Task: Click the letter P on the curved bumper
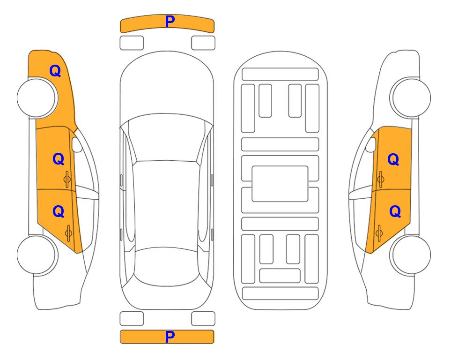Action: click(x=170, y=22)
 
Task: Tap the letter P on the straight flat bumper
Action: click(x=170, y=337)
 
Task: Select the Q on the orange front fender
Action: click(x=55, y=71)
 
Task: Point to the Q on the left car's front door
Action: click(x=59, y=159)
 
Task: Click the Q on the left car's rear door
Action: click(x=59, y=212)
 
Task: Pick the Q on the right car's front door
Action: click(x=393, y=159)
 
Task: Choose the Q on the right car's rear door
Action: click(x=395, y=212)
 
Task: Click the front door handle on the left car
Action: click(x=67, y=179)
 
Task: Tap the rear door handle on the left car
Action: click(x=68, y=233)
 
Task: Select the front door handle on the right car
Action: click(x=380, y=179)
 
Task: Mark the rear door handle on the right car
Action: click(x=379, y=233)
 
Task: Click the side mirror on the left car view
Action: click(x=77, y=144)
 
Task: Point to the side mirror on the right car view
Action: click(x=371, y=144)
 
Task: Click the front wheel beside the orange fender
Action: click(x=37, y=97)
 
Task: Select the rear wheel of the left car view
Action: click(x=37, y=255)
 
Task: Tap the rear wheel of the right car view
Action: click(x=411, y=255)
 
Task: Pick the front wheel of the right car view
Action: click(x=411, y=97)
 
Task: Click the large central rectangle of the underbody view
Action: click(x=280, y=184)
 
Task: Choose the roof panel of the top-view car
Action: click(x=166, y=205)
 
